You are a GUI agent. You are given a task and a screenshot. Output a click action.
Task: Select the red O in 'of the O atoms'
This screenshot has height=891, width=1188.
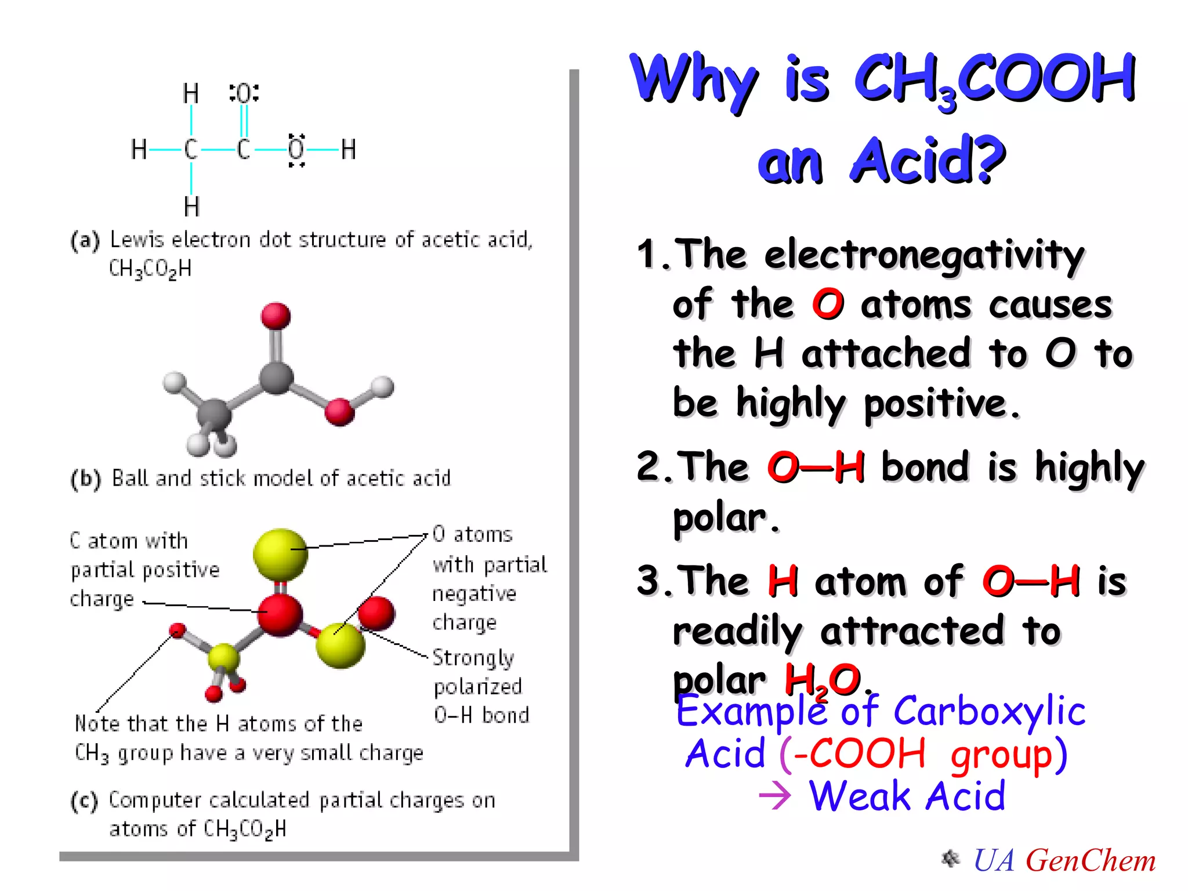[827, 305]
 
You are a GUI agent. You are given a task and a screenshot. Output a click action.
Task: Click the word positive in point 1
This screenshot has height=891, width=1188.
[935, 404]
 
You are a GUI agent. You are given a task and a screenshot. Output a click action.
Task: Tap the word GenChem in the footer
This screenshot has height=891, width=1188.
[1091, 861]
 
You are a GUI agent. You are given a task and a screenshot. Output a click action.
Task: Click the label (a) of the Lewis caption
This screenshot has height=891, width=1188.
[85, 240]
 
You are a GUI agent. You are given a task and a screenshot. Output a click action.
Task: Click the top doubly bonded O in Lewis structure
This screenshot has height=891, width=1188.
[244, 93]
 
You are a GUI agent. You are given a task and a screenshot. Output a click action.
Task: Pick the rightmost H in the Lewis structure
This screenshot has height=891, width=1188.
[348, 150]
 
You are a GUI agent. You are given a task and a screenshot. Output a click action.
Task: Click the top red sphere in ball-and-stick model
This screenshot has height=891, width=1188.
[276, 316]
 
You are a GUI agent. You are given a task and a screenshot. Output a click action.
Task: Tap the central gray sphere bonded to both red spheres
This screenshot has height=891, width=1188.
[276, 378]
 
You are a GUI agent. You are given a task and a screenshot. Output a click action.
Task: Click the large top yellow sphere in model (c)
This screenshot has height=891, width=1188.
[280, 554]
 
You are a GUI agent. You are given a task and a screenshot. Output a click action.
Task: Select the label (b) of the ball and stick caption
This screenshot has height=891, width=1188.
[86, 479]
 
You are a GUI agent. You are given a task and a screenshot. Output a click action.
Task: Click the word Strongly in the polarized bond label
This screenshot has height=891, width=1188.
[473, 658]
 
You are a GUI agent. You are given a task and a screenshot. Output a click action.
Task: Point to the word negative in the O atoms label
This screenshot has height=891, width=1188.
[474, 594]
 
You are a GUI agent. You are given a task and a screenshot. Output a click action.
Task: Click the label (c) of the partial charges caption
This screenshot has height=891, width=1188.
[85, 801]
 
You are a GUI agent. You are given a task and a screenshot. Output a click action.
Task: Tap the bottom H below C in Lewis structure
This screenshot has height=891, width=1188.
[191, 207]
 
